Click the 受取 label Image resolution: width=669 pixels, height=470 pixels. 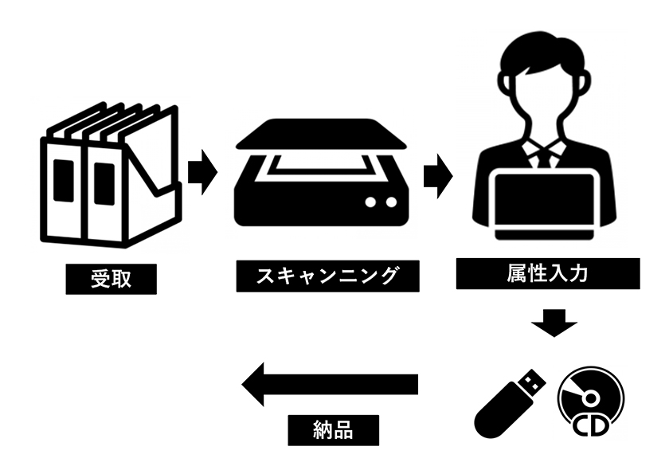coord(111,280)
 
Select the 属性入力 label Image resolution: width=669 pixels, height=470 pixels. coord(547,273)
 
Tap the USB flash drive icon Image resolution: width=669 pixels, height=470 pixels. coord(510,401)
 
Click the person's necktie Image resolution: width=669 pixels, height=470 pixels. coord(545,159)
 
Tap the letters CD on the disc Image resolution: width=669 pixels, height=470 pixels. coord(591,422)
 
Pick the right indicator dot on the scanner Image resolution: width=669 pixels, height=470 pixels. coord(391,202)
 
